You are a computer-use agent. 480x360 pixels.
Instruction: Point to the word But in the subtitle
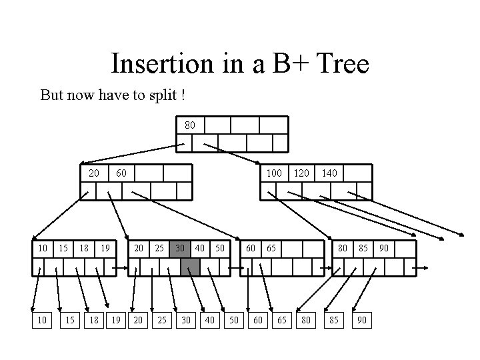[x=53, y=95]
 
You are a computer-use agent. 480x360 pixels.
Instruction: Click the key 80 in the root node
[x=190, y=125]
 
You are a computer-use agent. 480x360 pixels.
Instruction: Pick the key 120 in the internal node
[x=302, y=173]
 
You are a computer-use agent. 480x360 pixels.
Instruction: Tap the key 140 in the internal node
[x=329, y=173]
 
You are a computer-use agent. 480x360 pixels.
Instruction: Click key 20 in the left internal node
[x=94, y=173]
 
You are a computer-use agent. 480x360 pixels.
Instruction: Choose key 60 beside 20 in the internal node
[x=121, y=173]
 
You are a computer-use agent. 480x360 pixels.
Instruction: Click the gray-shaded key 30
[x=180, y=249]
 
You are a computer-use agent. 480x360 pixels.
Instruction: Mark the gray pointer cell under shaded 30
[x=191, y=267]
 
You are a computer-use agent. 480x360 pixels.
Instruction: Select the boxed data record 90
[x=362, y=321]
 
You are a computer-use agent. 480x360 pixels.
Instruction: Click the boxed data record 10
[x=43, y=321]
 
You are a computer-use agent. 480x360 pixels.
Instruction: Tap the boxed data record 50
[x=234, y=321]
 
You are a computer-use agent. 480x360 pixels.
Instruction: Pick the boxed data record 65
[x=282, y=321]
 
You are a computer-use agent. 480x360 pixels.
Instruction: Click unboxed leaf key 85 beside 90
[x=363, y=249]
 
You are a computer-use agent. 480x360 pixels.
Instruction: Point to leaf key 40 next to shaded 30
[x=199, y=249]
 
